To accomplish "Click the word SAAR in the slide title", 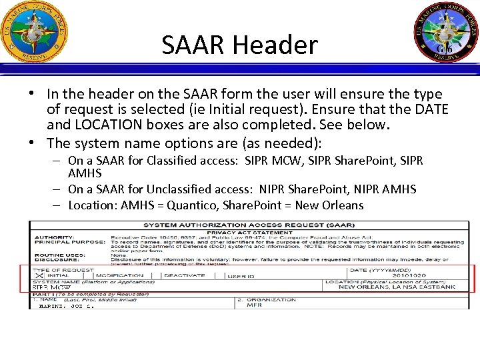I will (x=194, y=45).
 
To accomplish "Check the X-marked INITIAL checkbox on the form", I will (x=39, y=275).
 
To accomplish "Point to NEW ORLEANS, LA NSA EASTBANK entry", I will (x=397, y=287).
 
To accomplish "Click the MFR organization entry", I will (x=254, y=305).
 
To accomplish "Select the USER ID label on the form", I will (x=241, y=275).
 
